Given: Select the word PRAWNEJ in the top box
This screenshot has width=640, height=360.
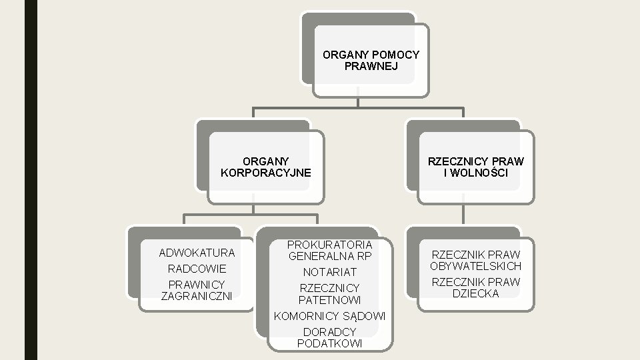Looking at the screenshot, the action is click(371, 66).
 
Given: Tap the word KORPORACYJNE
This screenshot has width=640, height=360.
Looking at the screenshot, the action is click(265, 173).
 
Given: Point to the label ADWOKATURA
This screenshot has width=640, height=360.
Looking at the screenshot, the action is click(197, 253).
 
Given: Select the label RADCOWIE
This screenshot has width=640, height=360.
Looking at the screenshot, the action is click(197, 269).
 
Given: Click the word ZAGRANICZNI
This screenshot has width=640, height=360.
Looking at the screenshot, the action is click(197, 295).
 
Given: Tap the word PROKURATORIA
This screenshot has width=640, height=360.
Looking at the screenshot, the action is click(329, 245).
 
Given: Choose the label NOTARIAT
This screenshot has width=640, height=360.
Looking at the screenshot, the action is click(329, 272).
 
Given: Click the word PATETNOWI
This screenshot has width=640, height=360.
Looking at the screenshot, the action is click(329, 299).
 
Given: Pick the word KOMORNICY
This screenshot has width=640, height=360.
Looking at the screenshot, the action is click(305, 315).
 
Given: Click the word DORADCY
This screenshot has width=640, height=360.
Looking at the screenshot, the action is click(329, 331).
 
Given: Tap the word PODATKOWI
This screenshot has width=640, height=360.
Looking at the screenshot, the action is click(329, 343).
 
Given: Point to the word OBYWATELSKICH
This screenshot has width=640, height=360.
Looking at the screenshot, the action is click(476, 266).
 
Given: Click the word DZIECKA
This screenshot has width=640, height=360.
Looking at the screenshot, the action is click(476, 293).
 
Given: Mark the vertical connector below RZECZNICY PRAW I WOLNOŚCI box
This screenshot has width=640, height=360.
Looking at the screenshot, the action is click(463, 215).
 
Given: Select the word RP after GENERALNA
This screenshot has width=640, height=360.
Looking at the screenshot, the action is click(363, 256).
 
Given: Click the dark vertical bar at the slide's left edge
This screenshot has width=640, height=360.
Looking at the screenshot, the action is click(31, 180).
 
